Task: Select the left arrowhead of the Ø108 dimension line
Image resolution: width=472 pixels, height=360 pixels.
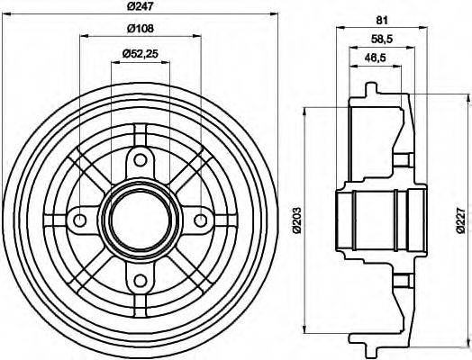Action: [x=83, y=37]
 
